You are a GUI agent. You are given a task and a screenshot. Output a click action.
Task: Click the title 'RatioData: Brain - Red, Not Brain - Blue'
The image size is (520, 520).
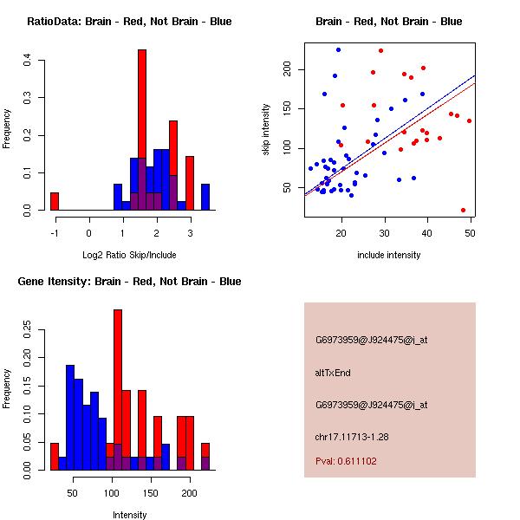pyautogui.click(x=129, y=22)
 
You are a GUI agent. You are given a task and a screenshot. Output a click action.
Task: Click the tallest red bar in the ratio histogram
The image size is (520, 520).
pyautogui.click(x=142, y=130)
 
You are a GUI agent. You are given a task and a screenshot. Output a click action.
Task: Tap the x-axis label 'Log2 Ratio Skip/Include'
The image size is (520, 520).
pyautogui.click(x=129, y=256)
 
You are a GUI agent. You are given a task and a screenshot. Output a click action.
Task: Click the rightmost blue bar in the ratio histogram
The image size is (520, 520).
pyautogui.click(x=205, y=197)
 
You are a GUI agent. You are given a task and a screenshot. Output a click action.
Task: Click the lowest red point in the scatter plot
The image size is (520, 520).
pyautogui.click(x=463, y=210)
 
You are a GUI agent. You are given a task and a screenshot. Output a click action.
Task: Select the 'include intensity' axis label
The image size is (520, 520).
pyautogui.click(x=389, y=256)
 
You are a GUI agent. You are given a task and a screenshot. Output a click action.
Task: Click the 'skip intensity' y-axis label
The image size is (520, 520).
pyautogui.click(x=267, y=129)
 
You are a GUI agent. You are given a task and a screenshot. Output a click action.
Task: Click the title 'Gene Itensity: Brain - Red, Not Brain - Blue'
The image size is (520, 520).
pyautogui.click(x=129, y=282)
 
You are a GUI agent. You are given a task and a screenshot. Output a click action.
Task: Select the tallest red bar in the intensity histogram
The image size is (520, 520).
pyautogui.click(x=118, y=390)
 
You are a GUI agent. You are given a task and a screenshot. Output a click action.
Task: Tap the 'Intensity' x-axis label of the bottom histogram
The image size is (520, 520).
pyautogui.click(x=129, y=515)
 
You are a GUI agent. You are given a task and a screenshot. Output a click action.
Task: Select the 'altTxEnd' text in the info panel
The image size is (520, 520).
pyautogui.click(x=332, y=373)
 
